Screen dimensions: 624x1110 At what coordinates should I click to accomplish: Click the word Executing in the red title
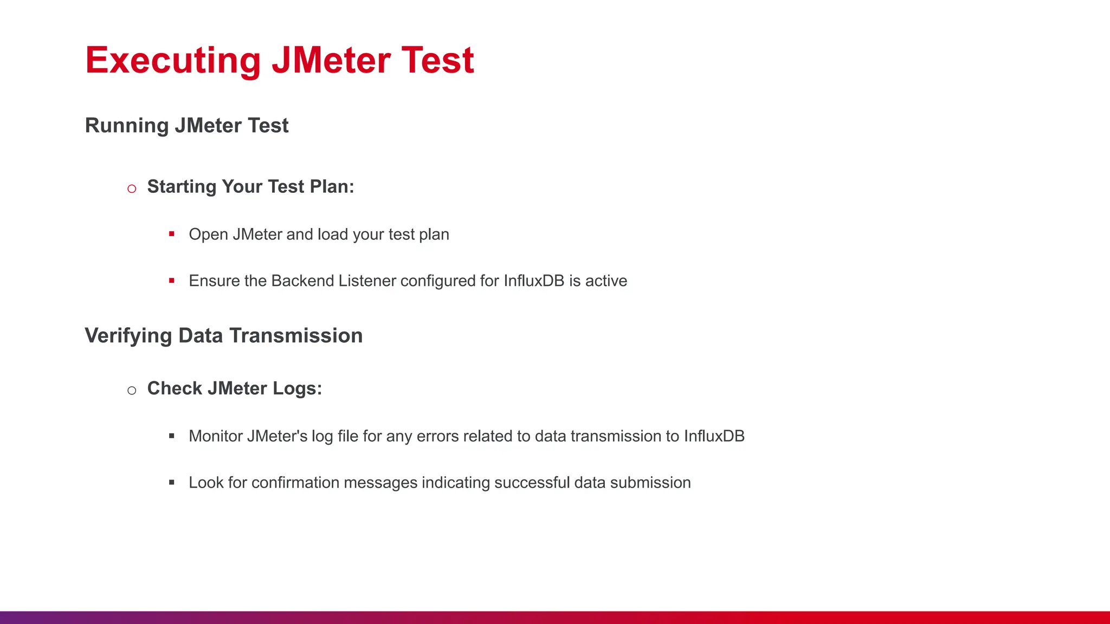(173, 61)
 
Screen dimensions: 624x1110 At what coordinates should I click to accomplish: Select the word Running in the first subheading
(127, 126)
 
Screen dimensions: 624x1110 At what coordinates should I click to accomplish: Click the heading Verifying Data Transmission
(223, 336)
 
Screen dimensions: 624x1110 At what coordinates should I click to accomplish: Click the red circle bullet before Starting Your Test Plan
(132, 188)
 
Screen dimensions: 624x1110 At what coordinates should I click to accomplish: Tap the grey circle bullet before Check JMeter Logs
(132, 391)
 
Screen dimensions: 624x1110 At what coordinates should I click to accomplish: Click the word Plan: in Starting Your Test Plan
(332, 187)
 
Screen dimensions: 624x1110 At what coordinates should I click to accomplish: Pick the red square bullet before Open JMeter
(172, 234)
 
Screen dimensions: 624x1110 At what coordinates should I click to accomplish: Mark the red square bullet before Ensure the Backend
(172, 281)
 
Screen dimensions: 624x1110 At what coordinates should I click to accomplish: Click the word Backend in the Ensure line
(302, 281)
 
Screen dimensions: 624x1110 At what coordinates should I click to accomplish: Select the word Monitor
(215, 437)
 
